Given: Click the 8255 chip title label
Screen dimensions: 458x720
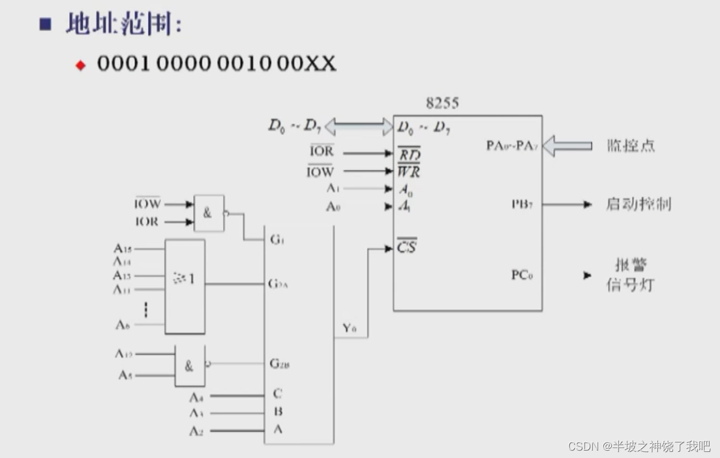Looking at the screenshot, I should tap(442, 103).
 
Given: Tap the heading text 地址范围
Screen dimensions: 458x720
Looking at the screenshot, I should tap(123, 25).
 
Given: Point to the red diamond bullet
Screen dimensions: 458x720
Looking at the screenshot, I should tap(81, 65).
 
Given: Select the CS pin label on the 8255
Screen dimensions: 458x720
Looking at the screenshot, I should tap(407, 248).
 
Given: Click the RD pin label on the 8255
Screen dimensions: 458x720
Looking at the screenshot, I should tap(409, 154).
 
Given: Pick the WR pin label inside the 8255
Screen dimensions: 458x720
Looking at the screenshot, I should tap(409, 171).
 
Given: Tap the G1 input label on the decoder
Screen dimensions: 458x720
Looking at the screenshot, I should tap(277, 239).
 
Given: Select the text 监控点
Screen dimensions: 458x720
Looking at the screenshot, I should tap(630, 146).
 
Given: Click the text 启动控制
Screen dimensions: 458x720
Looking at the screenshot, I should tap(638, 204).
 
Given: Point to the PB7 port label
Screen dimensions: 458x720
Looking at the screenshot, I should tap(522, 204).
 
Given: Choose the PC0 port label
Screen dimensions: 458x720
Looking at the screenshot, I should tap(522, 275).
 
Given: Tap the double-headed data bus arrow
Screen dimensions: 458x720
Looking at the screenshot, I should tap(358, 127).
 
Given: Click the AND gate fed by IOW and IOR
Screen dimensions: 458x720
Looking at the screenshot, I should tap(208, 213).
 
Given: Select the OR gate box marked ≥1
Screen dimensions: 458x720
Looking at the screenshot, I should tap(184, 286).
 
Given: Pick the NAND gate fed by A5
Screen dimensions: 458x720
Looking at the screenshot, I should tap(190, 366).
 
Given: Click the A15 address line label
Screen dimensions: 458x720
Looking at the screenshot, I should tap(122, 249).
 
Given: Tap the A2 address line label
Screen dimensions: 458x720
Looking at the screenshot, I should tap(196, 431).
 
